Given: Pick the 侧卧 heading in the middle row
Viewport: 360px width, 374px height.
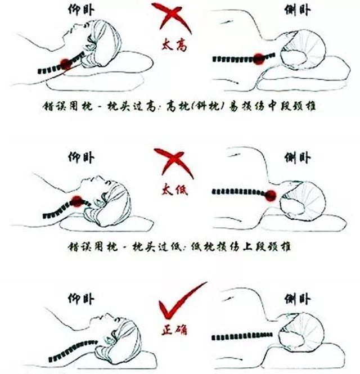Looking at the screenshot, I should [297, 155].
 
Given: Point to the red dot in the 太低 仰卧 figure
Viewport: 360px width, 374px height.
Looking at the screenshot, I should [77, 199].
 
